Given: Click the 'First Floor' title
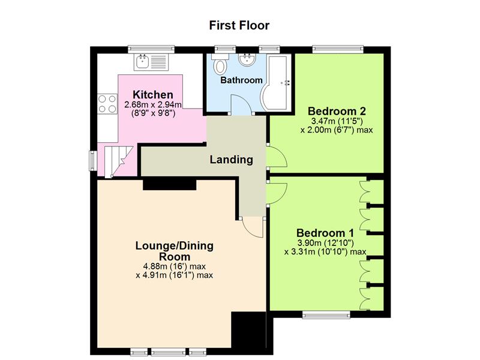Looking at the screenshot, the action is (x=239, y=25).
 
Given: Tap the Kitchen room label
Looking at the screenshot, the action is (x=153, y=95).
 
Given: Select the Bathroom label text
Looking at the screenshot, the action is (x=242, y=80).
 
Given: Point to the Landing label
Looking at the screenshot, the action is (x=232, y=160).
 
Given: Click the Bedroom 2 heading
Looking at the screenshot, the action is (x=337, y=111).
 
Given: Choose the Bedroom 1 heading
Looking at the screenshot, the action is (x=325, y=233).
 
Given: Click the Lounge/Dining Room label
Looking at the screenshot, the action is (x=175, y=251).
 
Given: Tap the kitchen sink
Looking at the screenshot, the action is (x=151, y=62).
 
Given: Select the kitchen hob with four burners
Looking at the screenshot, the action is (x=107, y=104).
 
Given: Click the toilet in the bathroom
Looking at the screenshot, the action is (x=220, y=64).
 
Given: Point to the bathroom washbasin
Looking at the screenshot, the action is (x=247, y=59).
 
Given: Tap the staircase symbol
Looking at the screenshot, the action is (x=117, y=161).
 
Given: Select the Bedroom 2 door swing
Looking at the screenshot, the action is (x=277, y=156).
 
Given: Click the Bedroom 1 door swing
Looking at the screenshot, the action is (x=277, y=193).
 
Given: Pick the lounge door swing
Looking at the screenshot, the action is (x=252, y=227).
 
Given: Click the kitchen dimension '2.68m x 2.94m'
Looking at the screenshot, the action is (x=153, y=104).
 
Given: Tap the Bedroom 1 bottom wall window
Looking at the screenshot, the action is (x=326, y=314).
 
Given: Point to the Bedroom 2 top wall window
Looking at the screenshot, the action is (x=338, y=49).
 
